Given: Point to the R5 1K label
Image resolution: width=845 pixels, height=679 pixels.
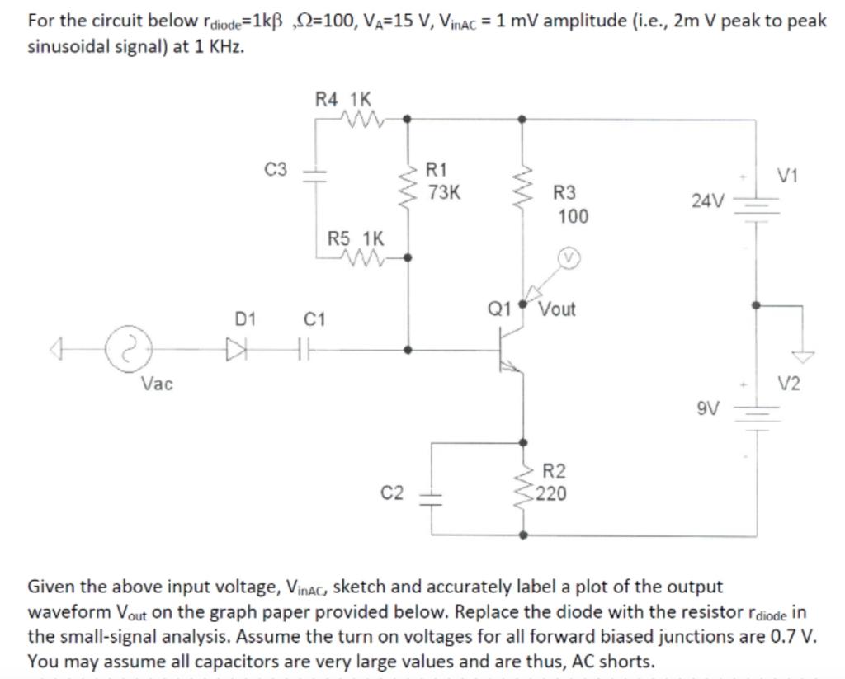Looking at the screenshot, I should coord(356,239).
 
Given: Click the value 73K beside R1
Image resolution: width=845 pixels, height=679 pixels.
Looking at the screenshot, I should coord(445,193).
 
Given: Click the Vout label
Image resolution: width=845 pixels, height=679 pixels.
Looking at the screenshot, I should coord(557,309).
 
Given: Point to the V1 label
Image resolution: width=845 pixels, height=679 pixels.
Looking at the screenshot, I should coord(788,175).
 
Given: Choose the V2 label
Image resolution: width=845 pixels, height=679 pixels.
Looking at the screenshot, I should coord(790,383).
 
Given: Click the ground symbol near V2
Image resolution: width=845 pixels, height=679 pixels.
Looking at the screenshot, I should coord(801,356).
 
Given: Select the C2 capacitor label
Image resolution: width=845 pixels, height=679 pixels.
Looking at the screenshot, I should coord(392,493).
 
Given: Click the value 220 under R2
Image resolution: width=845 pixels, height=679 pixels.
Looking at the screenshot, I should coord(550,494).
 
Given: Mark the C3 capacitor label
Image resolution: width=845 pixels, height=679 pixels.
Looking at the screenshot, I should coord(276,170).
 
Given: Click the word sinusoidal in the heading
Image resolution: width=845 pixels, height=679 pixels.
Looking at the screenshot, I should coord(71,46).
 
